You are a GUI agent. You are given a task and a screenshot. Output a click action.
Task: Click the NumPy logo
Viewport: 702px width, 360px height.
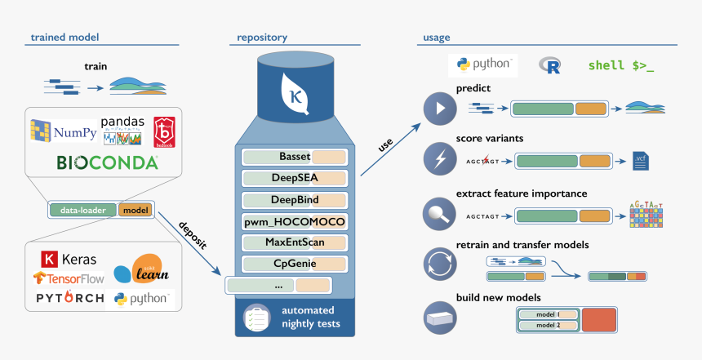63,130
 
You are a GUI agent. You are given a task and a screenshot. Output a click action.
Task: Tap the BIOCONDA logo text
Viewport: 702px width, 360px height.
107,162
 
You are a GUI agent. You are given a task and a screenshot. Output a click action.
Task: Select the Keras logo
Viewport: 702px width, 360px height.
69,260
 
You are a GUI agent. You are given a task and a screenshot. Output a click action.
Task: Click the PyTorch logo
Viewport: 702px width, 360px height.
69,299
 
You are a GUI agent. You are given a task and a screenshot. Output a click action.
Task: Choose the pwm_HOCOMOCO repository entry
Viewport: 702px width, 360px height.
295,221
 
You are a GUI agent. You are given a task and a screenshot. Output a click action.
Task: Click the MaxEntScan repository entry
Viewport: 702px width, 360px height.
295,242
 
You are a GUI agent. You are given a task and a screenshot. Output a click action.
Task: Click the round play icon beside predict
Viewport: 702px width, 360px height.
441,108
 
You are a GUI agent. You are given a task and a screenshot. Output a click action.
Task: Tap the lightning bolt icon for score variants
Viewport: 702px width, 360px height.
441,158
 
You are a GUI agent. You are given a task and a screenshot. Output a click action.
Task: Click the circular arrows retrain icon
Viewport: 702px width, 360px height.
441,265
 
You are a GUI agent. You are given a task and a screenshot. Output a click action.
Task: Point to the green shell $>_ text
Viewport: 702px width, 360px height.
620,65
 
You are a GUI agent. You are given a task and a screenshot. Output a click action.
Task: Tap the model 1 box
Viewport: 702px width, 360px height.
548,314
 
